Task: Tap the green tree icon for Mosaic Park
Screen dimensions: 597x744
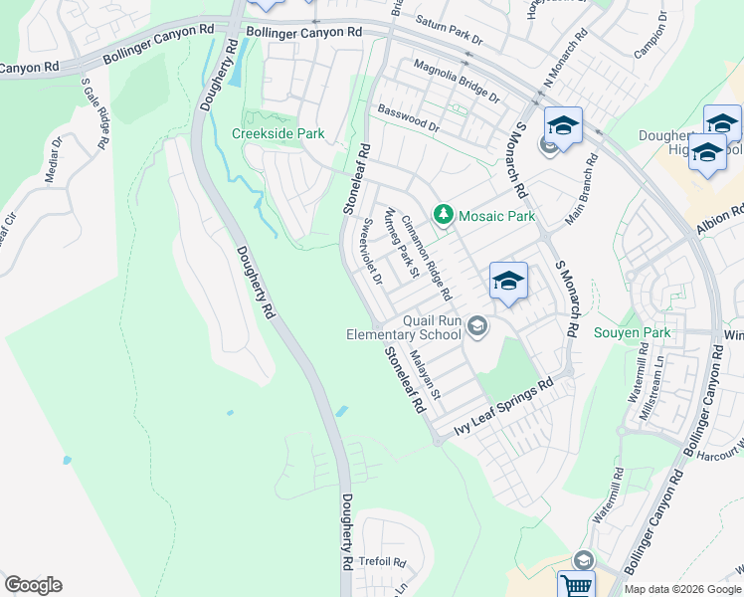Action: point(443,215)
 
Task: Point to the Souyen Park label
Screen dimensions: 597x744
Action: point(632,332)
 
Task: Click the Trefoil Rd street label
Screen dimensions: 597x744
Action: point(383,562)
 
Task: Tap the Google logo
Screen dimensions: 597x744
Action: point(33,585)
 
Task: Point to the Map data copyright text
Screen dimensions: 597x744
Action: point(682,589)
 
